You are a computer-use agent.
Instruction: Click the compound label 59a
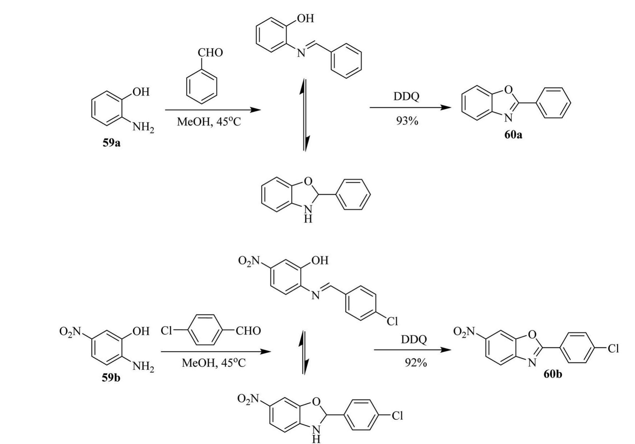[x=111, y=143]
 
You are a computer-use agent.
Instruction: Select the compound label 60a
[x=513, y=135]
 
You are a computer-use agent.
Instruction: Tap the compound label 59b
[x=111, y=378]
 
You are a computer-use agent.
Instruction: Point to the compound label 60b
[x=553, y=374]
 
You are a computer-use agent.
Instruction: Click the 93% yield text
[x=407, y=121]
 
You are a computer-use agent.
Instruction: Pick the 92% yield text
[x=416, y=363]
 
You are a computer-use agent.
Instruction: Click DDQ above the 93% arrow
[x=406, y=97]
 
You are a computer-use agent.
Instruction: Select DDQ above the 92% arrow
[x=414, y=339]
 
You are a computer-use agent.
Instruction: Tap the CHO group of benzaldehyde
[x=210, y=53]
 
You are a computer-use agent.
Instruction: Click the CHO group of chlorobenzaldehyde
[x=248, y=331]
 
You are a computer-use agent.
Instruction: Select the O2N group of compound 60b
[x=465, y=331]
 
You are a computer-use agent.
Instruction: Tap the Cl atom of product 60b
[x=613, y=349]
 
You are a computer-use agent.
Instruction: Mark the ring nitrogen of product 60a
[x=508, y=117]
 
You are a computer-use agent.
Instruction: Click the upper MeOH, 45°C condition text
[x=209, y=122]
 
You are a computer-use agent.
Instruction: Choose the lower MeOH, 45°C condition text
[x=214, y=363]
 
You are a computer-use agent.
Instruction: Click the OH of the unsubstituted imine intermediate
[x=305, y=18]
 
